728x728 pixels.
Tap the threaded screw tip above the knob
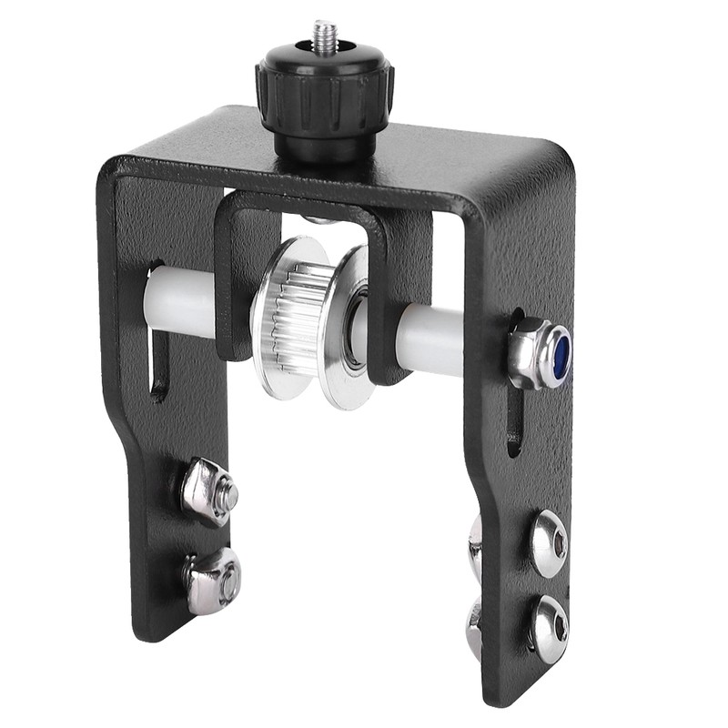(325, 36)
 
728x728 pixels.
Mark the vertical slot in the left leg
(157, 364)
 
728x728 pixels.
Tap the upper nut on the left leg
(209, 492)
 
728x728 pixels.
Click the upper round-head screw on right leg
(549, 542)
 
